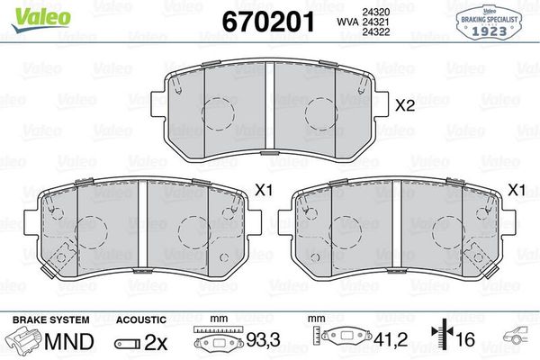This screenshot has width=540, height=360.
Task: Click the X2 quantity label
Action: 404,105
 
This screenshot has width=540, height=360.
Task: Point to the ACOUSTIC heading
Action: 140,320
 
